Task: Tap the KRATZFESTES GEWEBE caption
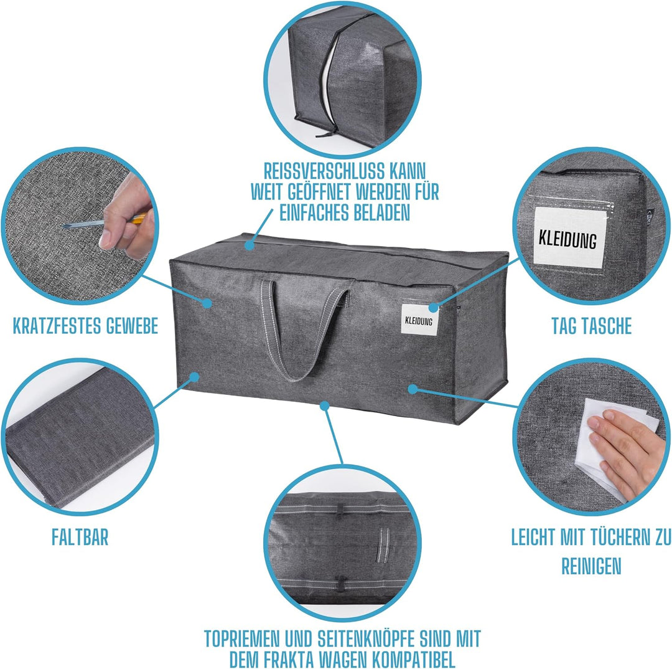tap(85, 326)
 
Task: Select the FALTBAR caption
tap(80, 537)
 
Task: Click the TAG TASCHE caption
tap(592, 326)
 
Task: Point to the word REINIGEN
tap(592, 566)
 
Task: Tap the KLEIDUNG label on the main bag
tap(419, 320)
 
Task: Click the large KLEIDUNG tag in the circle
tap(568, 238)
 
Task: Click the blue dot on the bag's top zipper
tap(249, 245)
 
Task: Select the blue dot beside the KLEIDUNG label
tap(433, 307)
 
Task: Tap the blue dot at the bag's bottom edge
tap(325, 405)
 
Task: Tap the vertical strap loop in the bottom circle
tap(383, 544)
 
